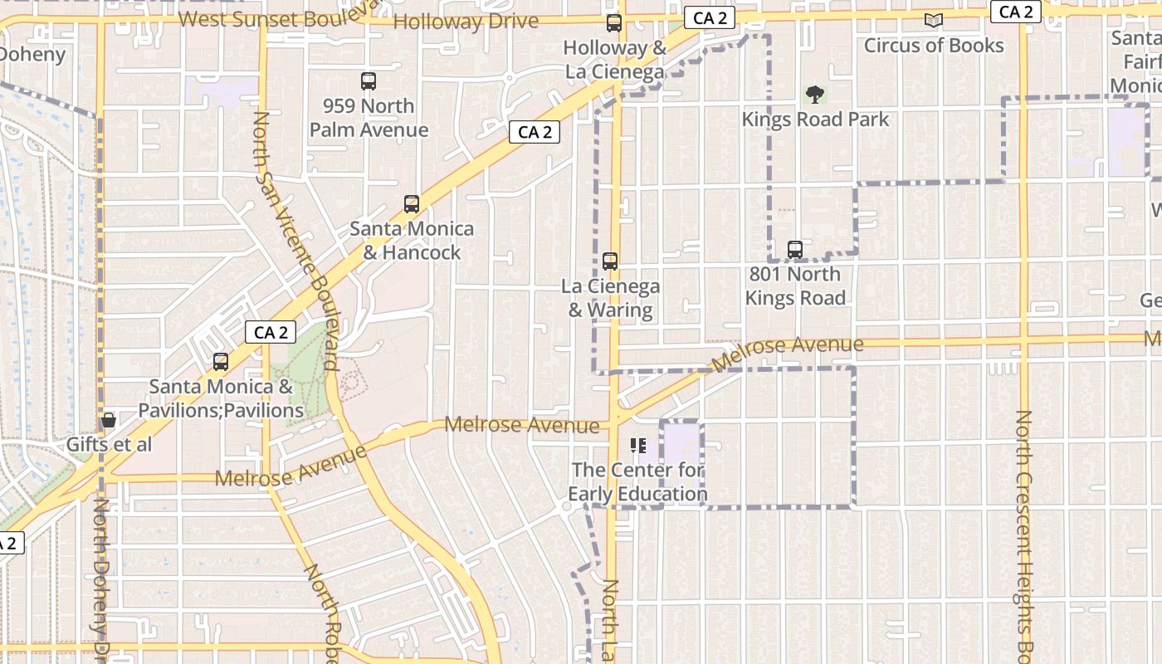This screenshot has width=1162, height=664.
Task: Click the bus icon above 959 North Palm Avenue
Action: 369,81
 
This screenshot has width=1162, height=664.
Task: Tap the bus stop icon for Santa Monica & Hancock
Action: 411,204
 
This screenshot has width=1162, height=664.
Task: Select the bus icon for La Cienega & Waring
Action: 610,261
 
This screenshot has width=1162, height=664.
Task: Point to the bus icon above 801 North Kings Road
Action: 794,249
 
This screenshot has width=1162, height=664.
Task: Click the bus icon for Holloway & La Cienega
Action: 614,23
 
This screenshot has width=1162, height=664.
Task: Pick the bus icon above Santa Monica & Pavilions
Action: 220,362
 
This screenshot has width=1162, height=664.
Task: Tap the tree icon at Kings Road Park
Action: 815,95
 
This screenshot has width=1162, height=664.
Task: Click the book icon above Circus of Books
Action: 934,21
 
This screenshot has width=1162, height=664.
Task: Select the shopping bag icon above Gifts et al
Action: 108,420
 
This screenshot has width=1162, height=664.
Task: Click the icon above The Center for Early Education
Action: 637,446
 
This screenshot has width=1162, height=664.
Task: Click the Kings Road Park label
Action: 815,120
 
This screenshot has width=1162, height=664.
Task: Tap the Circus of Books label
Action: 934,46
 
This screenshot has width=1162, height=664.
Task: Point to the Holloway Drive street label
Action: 466,21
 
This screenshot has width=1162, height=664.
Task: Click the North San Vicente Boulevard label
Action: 296,241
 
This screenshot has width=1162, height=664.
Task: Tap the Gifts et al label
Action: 109,445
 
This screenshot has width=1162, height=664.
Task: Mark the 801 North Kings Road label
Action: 795,286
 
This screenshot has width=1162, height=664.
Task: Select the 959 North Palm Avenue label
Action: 369,118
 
